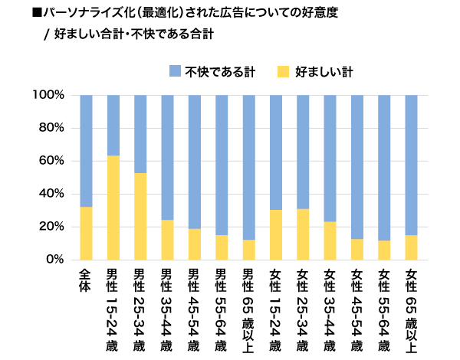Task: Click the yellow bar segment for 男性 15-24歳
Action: coord(113,208)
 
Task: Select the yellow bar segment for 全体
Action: coord(86,233)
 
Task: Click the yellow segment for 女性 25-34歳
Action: coord(303,234)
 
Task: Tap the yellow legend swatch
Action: coord(282,72)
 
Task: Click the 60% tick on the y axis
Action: coord(51,161)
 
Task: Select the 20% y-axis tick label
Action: coord(51,227)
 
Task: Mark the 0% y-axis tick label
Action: coord(54,260)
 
